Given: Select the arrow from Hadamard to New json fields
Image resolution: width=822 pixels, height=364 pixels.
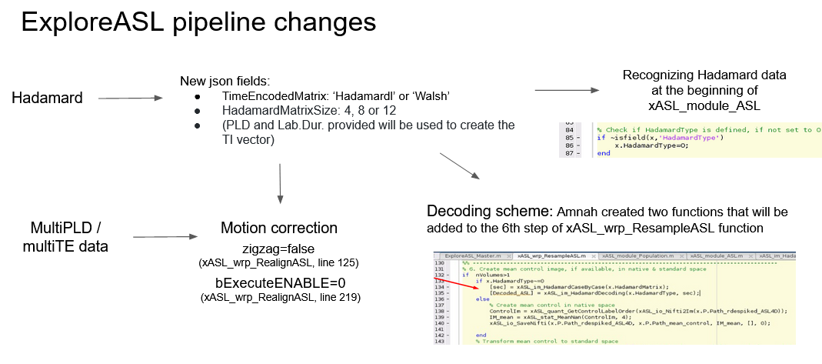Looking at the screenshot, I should [x=130, y=99].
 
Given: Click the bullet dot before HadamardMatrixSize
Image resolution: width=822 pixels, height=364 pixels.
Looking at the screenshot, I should [x=198, y=110].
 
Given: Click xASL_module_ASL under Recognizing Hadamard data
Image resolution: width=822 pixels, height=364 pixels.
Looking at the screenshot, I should [x=704, y=104].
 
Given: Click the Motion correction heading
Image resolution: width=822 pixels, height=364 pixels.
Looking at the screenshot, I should [x=279, y=228].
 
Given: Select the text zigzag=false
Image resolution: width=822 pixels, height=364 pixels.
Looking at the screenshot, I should [x=278, y=249].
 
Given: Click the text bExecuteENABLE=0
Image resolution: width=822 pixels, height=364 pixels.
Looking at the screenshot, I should [x=279, y=282].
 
